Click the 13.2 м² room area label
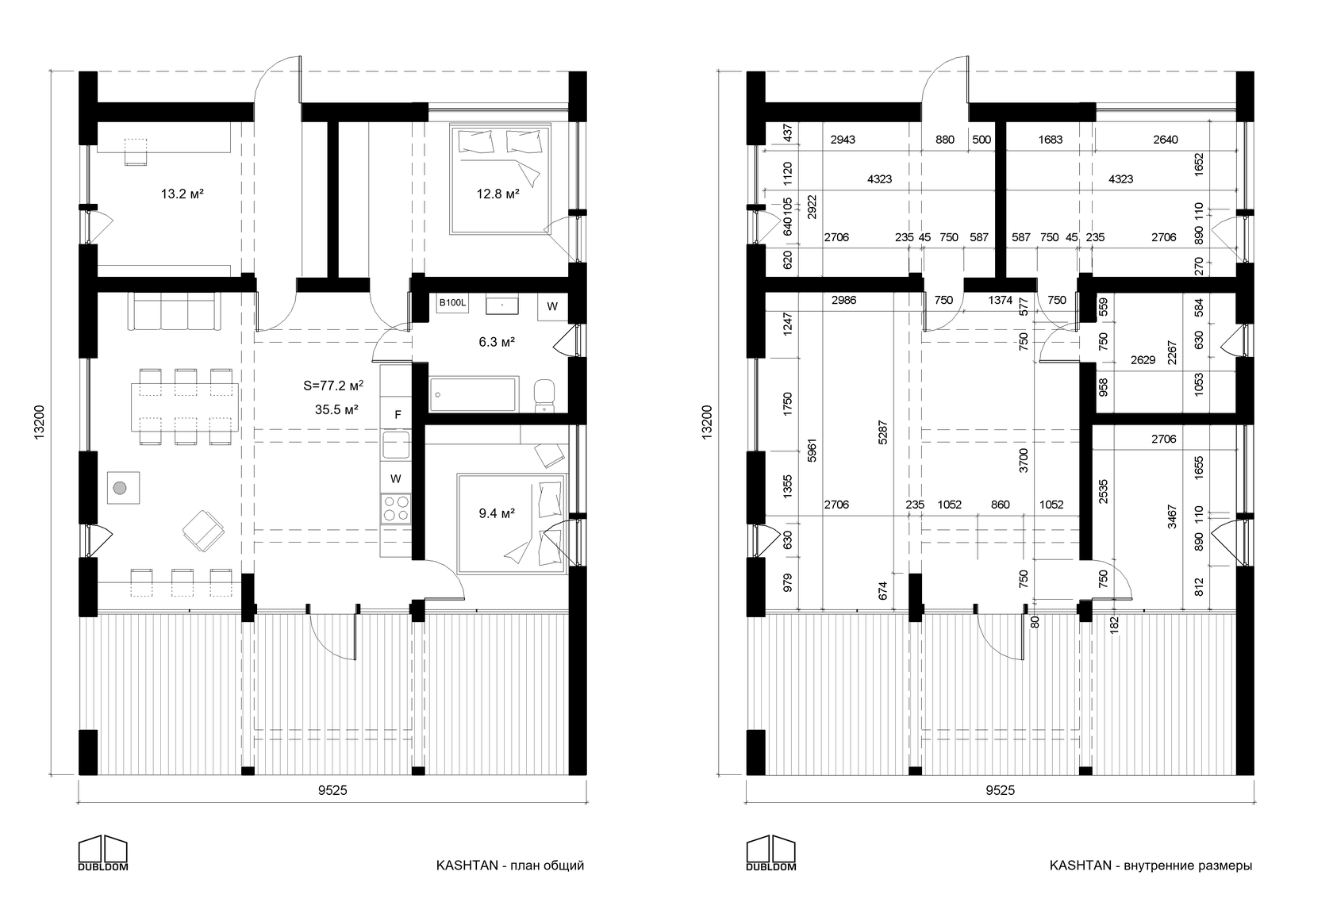pos(182,194)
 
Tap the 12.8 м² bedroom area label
pos(497,194)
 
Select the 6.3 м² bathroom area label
pos(497,342)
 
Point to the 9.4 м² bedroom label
pos(497,513)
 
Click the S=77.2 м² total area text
pos(333,386)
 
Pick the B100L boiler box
pos(452,303)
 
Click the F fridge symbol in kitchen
pos(398,415)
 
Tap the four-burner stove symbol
pos(396,509)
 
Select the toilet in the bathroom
pos(544,396)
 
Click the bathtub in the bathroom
pos(473,393)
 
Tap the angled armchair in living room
pos(203,531)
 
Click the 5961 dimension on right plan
pos(812,451)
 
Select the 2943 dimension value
pos(843,140)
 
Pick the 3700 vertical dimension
pos(1023,460)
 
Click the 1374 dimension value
pos(1001,301)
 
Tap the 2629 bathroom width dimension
pos(1143,360)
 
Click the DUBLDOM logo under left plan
pos(103,853)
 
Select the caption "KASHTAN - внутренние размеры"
pos(1151,866)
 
